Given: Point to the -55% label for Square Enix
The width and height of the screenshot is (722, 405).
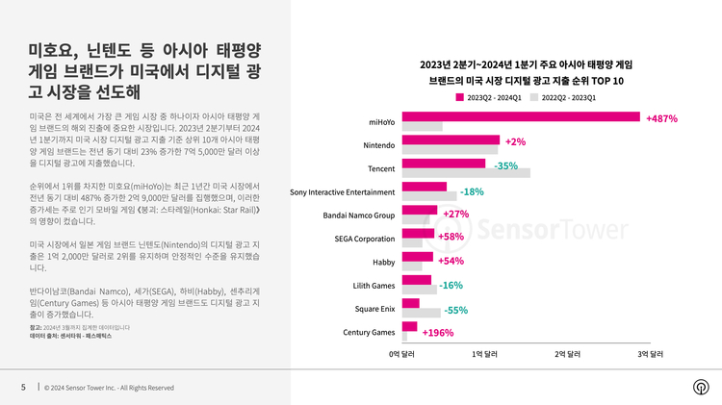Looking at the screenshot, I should pos(455,310).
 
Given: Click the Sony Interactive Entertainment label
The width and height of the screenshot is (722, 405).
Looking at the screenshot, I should pos(343,192).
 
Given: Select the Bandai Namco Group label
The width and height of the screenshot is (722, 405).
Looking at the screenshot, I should pos(359,215).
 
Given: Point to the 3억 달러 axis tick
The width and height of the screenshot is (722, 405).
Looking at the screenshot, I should pos(651,355).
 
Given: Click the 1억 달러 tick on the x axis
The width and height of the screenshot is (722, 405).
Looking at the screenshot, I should pos(484,355).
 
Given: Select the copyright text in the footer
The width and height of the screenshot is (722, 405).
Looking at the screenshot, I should pos(109,388).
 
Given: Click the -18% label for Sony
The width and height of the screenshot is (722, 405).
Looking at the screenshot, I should pos(472,191).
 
